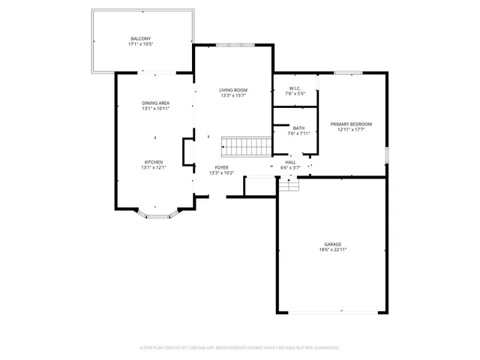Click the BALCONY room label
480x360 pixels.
click(140, 38)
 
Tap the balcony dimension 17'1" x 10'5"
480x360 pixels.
click(140, 44)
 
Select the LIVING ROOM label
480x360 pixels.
click(233, 90)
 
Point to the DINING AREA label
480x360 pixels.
click(155, 103)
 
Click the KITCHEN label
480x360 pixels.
click(154, 161)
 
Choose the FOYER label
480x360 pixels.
click(221, 167)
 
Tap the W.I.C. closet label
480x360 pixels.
click(294, 88)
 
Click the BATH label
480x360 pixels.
click(298, 128)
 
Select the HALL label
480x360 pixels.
click(290, 162)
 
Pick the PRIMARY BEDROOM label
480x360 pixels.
click(351, 124)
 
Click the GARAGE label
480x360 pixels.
click(333, 244)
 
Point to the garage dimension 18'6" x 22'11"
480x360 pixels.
click(333, 250)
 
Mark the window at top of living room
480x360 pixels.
click(233, 45)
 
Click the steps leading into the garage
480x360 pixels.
click(289, 184)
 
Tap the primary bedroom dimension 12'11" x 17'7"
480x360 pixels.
click(351, 130)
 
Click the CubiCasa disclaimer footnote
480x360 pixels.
click(239, 347)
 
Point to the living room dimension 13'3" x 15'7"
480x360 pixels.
click(233, 96)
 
